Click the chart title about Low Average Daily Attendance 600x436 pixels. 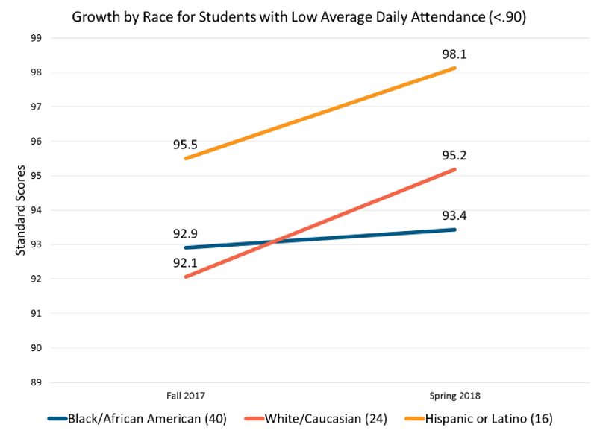(299, 18)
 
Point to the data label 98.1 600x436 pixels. (454, 54)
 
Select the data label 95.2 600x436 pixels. (454, 156)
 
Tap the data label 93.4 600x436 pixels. (454, 215)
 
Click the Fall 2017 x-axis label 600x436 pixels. (186, 395)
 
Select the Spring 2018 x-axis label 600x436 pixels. (454, 395)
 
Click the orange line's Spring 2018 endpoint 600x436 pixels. (454, 69)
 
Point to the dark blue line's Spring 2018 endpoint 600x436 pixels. (454, 230)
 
